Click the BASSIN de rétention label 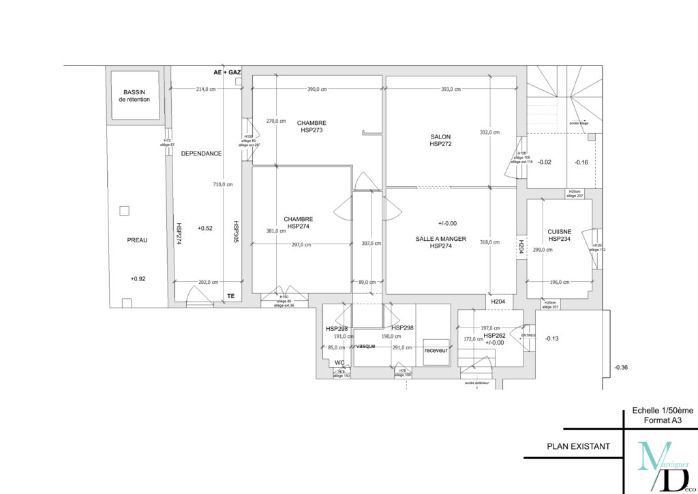click(134, 96)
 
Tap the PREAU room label click(137, 240)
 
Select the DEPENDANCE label click(201, 154)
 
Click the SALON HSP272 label click(440, 140)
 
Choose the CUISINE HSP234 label click(558, 235)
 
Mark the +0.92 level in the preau click(138, 279)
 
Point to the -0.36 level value click(620, 368)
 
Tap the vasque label click(366, 346)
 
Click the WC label click(339, 363)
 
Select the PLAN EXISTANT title click(578, 448)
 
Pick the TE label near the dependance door click(230, 295)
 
